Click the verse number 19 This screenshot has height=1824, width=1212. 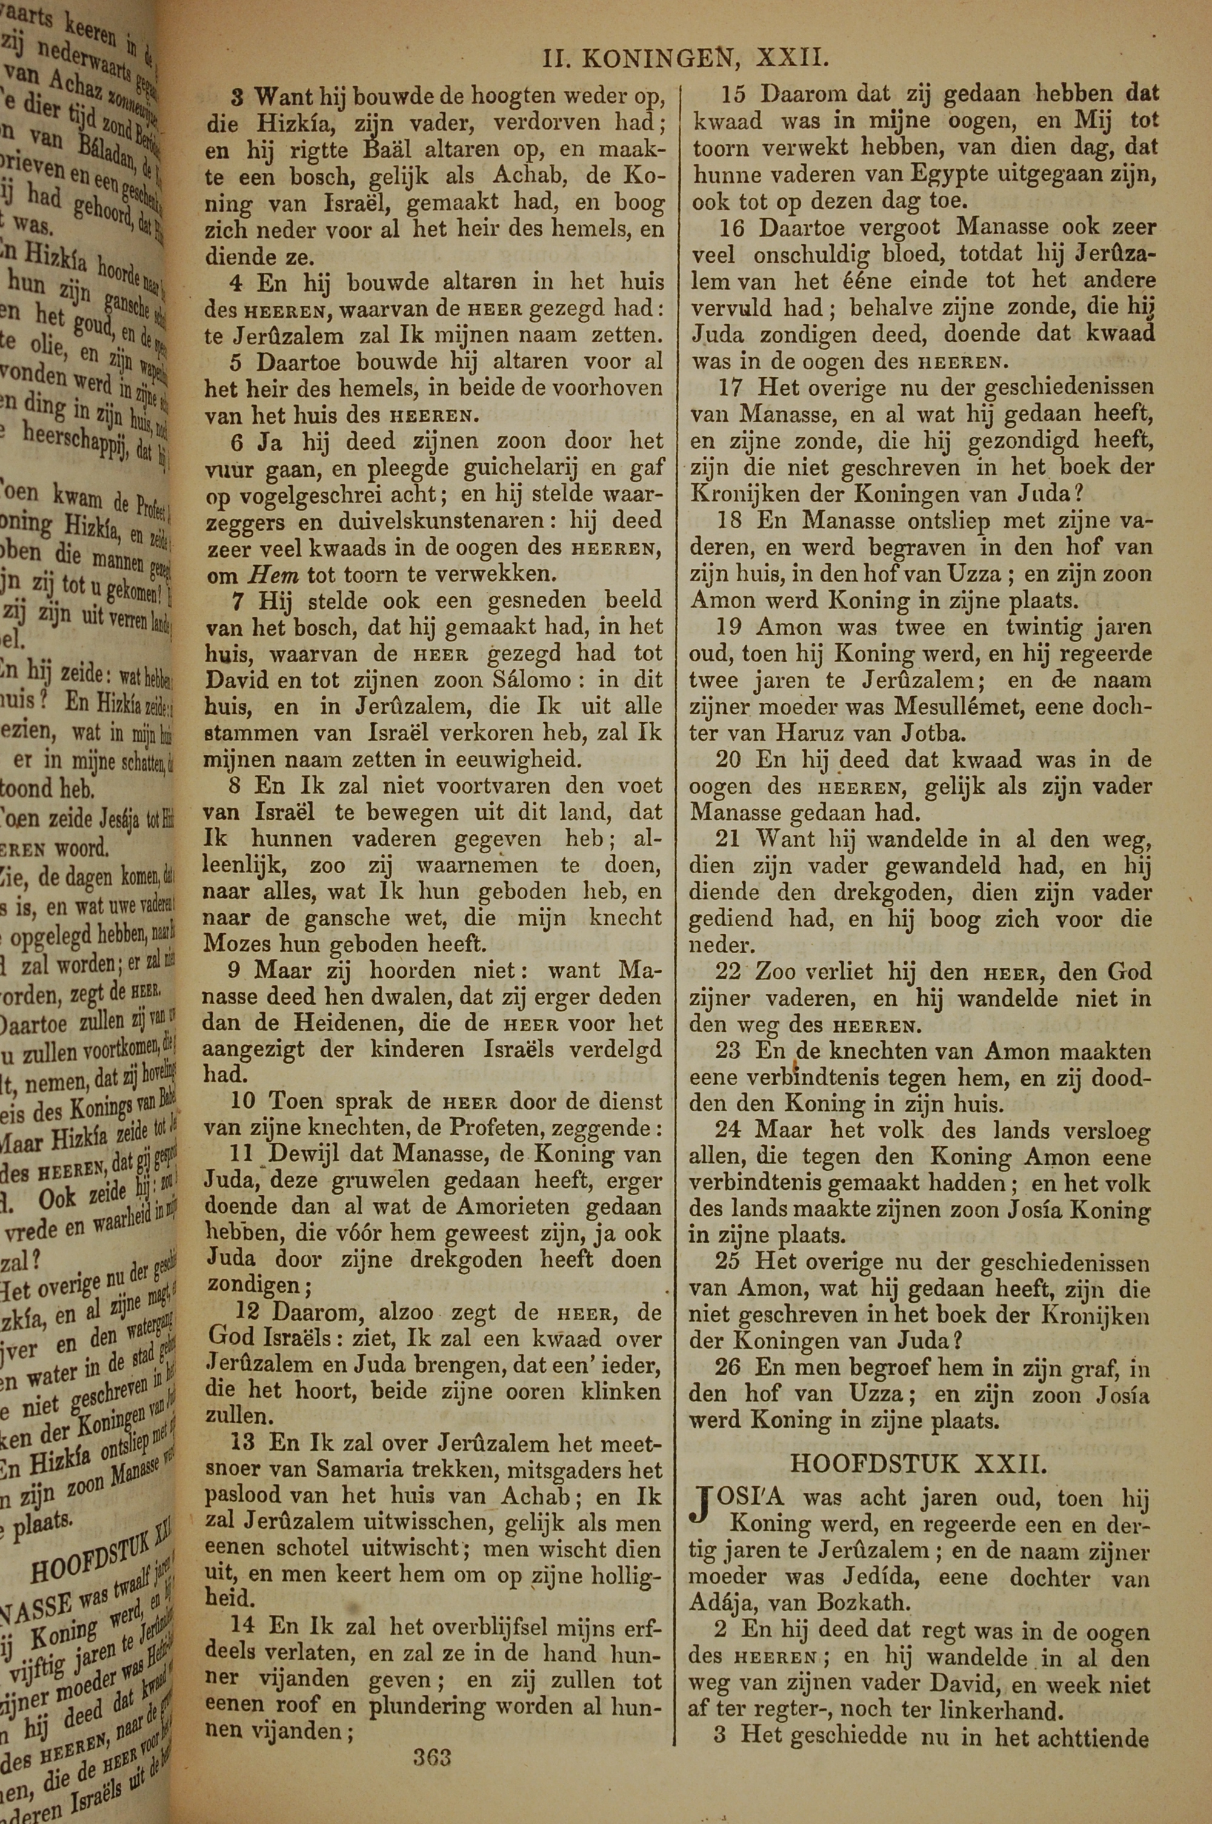tap(729, 627)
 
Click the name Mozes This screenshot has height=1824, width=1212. tap(234, 944)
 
